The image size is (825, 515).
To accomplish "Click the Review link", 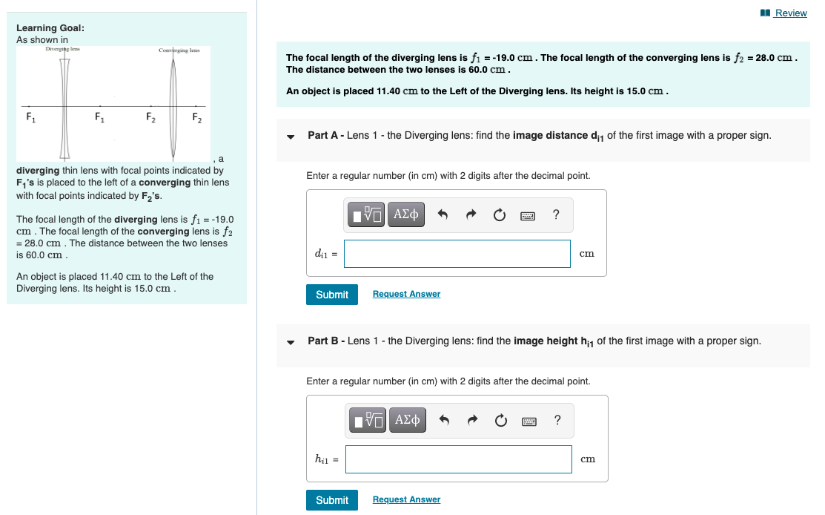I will click(x=789, y=13).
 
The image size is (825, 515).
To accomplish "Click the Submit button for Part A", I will click(x=331, y=295).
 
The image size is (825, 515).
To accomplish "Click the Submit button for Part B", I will click(x=331, y=500).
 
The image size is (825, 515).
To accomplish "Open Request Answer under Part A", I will click(x=406, y=295).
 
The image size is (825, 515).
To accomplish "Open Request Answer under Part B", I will click(x=406, y=500).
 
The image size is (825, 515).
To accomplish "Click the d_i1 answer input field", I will click(x=457, y=254).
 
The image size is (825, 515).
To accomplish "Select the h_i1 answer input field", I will click(x=458, y=459).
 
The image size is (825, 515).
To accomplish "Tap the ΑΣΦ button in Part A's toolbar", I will click(x=406, y=215).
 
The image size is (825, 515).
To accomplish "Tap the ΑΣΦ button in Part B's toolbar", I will click(x=406, y=421).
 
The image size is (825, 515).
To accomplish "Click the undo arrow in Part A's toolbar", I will click(x=443, y=215).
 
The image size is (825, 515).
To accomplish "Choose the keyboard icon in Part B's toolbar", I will click(x=529, y=421).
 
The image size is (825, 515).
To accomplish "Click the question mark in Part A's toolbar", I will click(x=557, y=215).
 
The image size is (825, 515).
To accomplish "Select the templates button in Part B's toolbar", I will click(x=367, y=421).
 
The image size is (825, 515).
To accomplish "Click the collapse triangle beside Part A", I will click(x=291, y=137).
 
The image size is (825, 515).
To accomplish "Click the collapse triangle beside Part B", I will click(x=291, y=342).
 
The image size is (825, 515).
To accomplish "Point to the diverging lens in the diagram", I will click(x=64, y=105).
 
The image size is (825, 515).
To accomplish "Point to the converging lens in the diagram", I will click(x=173, y=105).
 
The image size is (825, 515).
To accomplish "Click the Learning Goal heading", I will click(x=50, y=27).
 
